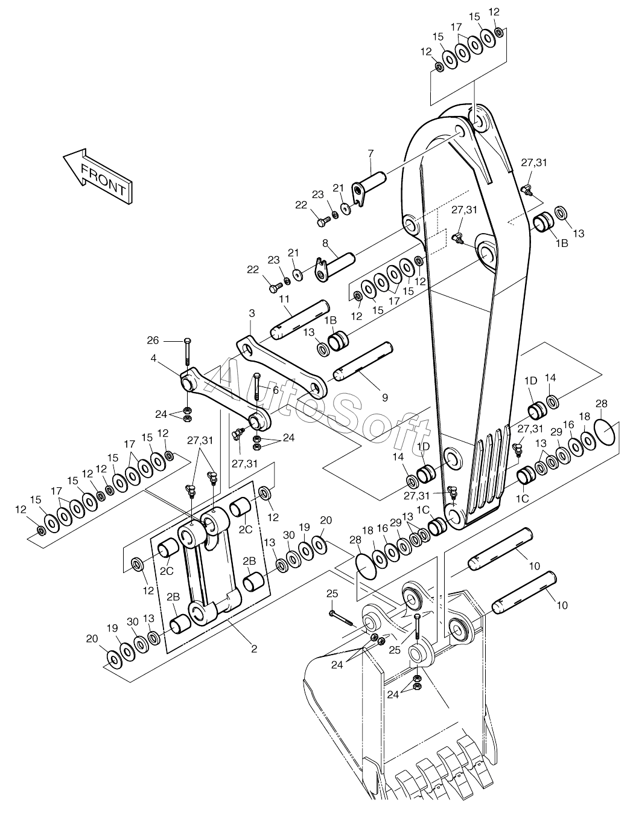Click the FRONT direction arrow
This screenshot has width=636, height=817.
[x=98, y=176]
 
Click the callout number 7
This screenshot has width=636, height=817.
[x=370, y=153]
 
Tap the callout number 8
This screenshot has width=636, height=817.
[x=325, y=243]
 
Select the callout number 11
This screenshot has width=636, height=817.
[x=284, y=300]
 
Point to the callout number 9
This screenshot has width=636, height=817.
[x=385, y=397]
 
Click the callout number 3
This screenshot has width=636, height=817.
[x=252, y=313]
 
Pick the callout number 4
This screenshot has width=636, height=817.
[x=153, y=358]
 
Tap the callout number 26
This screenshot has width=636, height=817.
[x=153, y=341]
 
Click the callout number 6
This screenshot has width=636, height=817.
[x=276, y=390]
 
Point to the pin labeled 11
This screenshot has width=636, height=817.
[x=300, y=319]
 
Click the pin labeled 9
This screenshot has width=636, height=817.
[x=363, y=361]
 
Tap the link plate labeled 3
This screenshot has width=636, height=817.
[x=282, y=368]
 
